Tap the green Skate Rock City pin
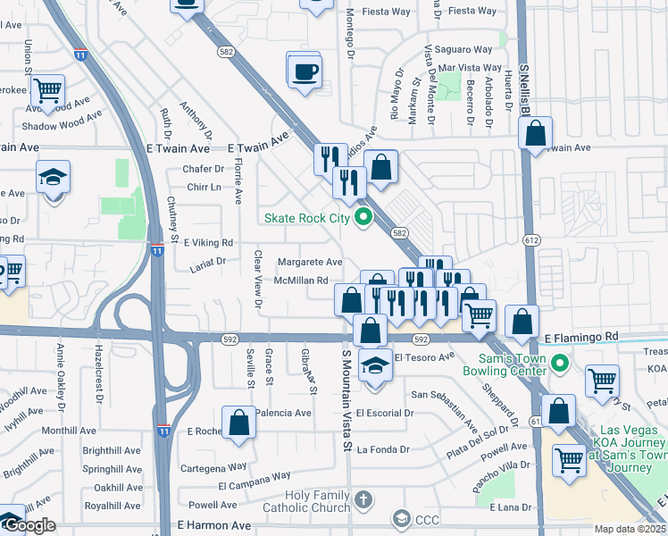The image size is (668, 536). point(363,217)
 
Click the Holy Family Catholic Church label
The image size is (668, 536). point(318,502)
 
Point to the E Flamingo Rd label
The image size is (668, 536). point(581,337)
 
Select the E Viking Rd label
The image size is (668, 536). point(208,242)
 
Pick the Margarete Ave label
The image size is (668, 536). point(309,262)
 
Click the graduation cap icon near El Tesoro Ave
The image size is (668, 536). point(375,366)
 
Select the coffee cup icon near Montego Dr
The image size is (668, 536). point(305,71)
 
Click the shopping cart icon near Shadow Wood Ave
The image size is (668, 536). point(47,89)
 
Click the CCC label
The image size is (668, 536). point(429,518)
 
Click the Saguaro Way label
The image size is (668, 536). point(464,49)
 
